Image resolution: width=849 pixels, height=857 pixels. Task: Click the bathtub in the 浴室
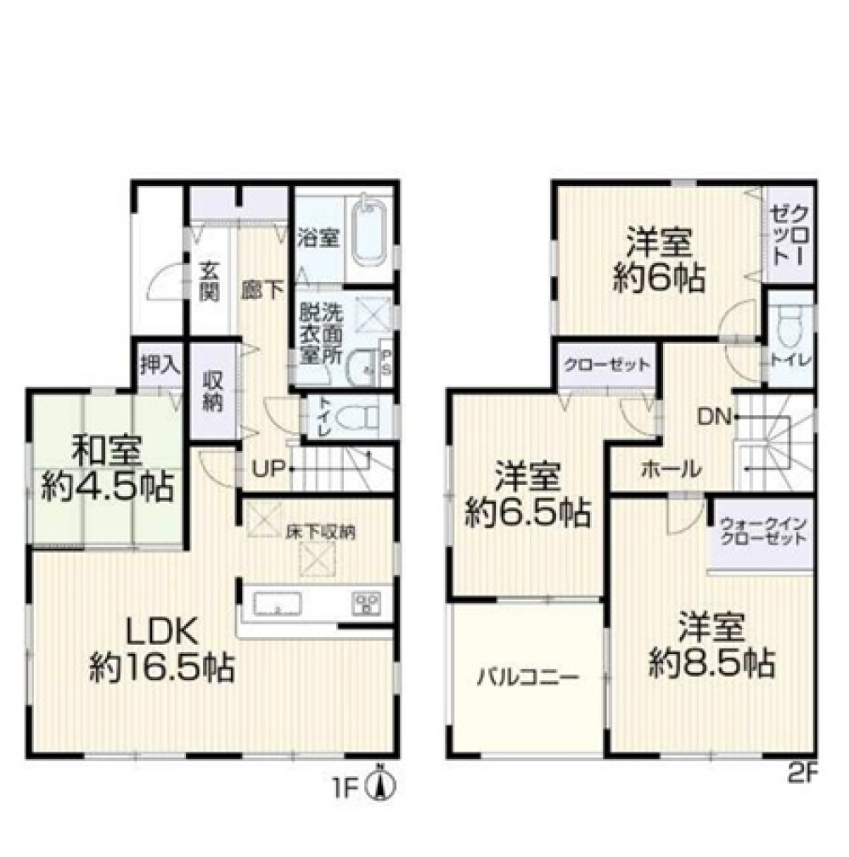[370, 237]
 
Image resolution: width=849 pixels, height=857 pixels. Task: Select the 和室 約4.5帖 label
[107, 469]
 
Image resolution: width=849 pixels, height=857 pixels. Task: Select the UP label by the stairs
[269, 468]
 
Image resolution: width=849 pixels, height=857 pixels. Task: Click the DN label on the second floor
[714, 418]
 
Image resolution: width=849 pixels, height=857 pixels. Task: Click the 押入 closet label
[160, 365]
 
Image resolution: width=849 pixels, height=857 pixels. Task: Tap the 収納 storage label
[212, 392]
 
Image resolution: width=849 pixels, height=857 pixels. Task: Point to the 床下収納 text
[321, 532]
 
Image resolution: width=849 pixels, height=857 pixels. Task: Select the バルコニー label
[528, 679]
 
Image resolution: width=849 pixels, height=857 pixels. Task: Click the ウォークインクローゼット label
[763, 531]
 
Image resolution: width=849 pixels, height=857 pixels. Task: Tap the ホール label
[671, 469]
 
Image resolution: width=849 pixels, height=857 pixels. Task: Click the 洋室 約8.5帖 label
[711, 645]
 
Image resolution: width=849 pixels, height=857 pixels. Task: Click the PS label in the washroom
[385, 363]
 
